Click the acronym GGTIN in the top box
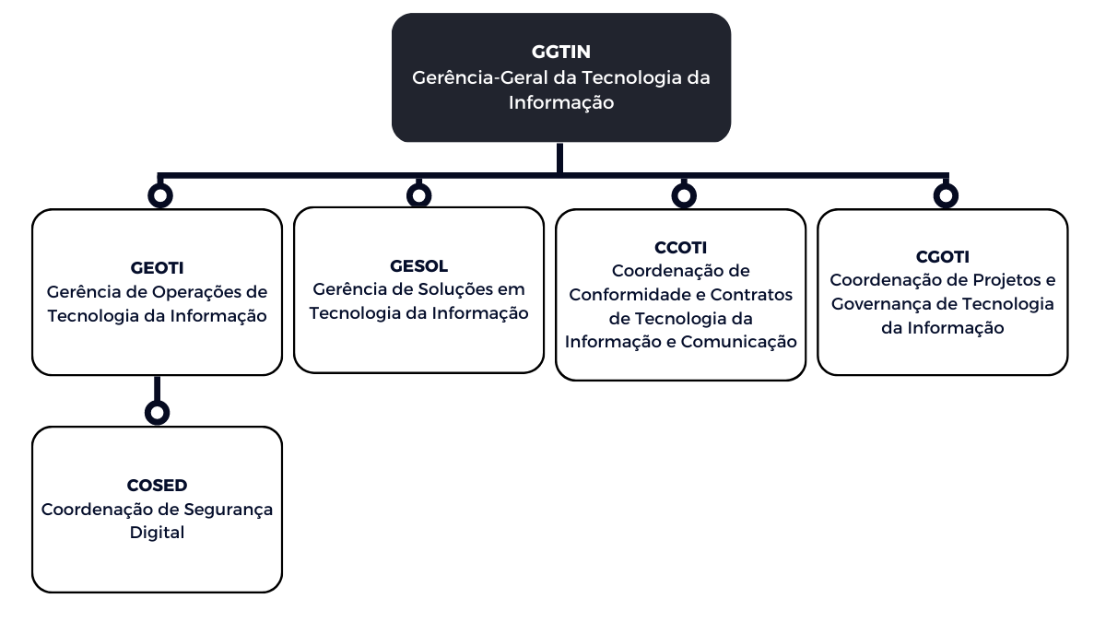[x=560, y=52]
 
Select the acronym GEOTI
[x=157, y=268]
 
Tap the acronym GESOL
[x=418, y=266]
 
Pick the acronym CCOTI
[x=680, y=248]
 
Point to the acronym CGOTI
[x=942, y=257]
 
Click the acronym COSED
[x=157, y=486]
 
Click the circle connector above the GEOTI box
[x=160, y=195]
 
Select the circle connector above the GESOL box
[x=419, y=195]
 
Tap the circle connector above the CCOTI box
[x=684, y=195]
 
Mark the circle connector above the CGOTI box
[x=946, y=195]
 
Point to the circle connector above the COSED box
[x=158, y=412]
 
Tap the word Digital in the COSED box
[x=157, y=533]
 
